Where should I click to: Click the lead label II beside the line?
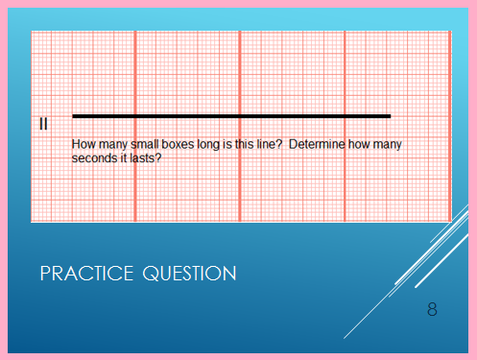coord(44,123)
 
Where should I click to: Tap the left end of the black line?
coord(74,116)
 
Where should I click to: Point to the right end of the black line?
coord(390,116)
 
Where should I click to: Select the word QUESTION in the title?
coord(189,274)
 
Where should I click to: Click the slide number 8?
coord(433,309)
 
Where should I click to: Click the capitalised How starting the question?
coord(83,145)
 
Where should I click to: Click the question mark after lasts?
coord(157,157)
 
